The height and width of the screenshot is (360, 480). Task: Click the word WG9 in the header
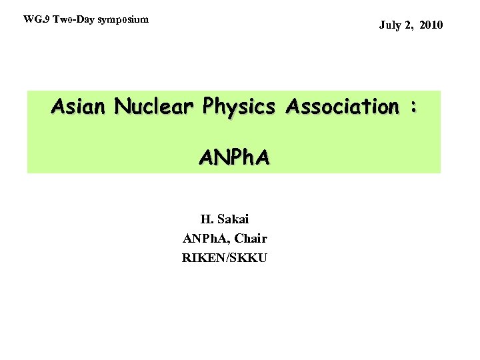[33, 19]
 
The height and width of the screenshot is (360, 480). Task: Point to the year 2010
[429, 26]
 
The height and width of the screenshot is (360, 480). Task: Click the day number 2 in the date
[407, 26]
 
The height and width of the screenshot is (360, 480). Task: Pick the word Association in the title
[341, 106]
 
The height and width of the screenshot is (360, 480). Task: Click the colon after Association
[415, 107]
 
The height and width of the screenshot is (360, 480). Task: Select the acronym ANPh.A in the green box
[234, 157]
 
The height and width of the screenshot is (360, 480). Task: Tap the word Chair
[250, 238]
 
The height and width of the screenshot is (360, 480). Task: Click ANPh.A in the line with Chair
[203, 238]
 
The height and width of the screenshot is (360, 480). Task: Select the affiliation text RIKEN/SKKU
[224, 257]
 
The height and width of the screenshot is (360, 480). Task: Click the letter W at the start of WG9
[27, 19]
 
